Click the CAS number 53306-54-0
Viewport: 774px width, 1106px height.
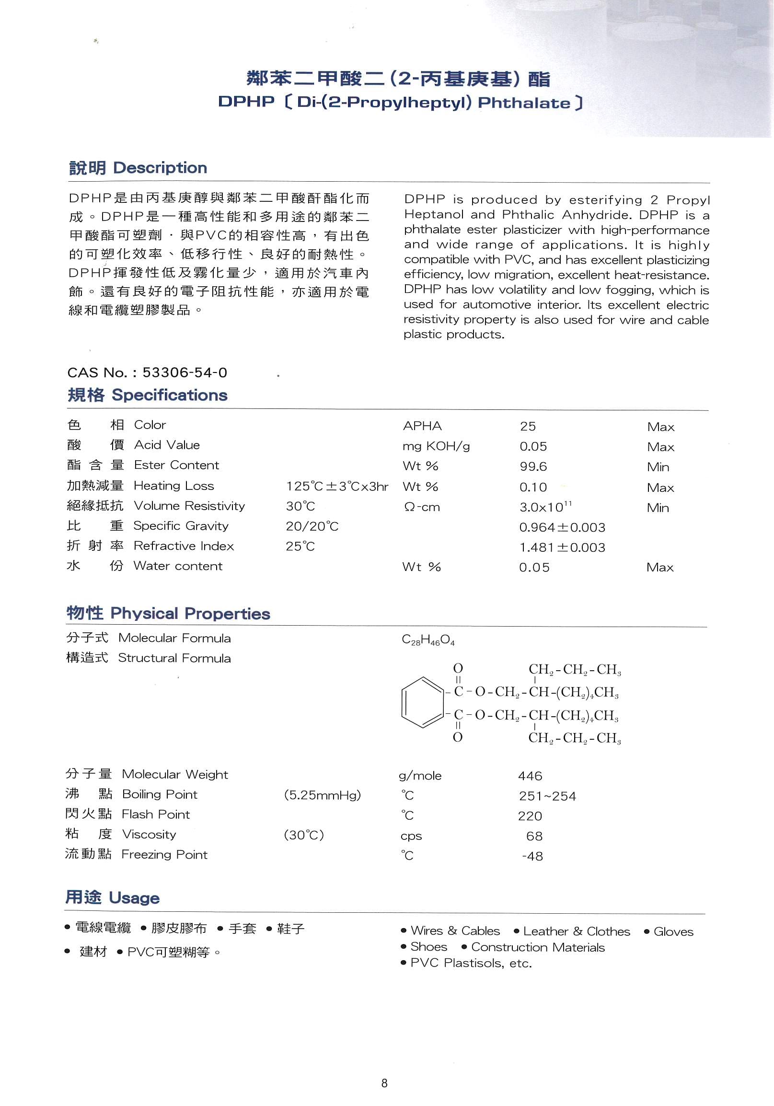185,373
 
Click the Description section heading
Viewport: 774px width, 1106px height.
138,168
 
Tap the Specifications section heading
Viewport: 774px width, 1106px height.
148,395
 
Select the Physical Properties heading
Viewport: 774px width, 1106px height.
168,613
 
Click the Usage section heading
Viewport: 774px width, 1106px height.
112,898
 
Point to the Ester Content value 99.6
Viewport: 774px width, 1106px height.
533,467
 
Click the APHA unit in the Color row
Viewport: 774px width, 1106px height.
422,426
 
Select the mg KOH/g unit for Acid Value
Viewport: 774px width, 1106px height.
436,446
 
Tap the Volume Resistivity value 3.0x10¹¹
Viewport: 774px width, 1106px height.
545,507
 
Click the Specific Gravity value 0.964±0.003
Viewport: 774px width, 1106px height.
562,527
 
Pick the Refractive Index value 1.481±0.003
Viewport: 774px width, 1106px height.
562,547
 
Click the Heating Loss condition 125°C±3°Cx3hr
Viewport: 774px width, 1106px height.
336,487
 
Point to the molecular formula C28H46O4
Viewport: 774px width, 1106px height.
428,640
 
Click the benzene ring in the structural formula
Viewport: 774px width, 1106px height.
421,702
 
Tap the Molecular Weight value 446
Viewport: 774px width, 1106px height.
530,776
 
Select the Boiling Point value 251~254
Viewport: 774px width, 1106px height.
547,796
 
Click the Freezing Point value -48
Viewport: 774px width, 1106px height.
533,857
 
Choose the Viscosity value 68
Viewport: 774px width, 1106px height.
535,836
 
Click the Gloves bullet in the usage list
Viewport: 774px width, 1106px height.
673,931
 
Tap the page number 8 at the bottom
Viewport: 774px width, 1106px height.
384,1083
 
